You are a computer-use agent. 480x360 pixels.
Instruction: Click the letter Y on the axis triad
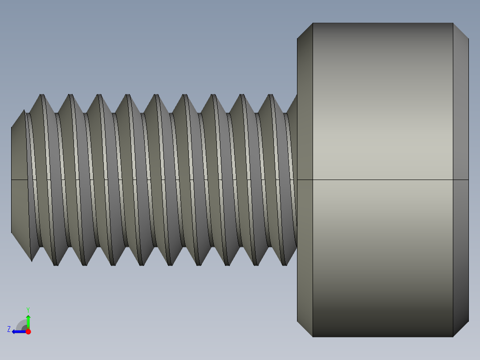coord(28,309)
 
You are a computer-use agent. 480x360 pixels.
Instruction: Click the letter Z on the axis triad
coord(9,329)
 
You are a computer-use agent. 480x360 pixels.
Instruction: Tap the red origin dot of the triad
coord(28,331)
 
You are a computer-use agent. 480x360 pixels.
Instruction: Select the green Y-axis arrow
coord(28,321)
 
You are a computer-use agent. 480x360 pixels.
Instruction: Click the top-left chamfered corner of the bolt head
coord(305,31)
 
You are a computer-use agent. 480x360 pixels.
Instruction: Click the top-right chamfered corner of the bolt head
coord(461,31)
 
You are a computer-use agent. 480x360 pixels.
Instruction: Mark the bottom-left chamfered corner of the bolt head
coord(305,329)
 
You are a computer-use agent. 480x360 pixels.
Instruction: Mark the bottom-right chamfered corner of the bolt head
coord(461,329)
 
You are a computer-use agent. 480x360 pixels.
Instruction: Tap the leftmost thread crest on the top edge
coord(42,95)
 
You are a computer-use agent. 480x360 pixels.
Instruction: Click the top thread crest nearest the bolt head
coord(270,95)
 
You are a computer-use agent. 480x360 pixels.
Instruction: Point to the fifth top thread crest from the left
coord(156,95)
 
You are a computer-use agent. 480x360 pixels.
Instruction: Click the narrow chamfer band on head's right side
coord(461,134)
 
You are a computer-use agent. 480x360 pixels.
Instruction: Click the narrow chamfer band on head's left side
coord(305,134)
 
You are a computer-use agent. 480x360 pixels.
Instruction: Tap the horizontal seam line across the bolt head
coord(383,180)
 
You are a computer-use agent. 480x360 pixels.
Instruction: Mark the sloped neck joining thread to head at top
coord(292,105)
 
